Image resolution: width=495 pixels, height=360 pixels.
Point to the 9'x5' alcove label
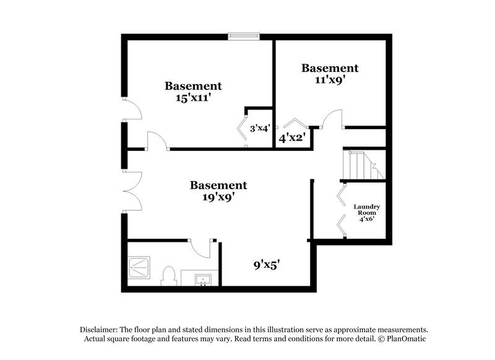266,265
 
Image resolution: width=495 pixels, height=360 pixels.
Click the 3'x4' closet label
259,129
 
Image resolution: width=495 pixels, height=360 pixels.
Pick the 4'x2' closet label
292,138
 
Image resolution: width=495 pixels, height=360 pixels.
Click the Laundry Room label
366,211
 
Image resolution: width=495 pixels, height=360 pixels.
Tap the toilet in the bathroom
168,276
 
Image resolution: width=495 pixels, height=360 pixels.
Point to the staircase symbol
359,165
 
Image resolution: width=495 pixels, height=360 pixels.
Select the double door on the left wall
132,191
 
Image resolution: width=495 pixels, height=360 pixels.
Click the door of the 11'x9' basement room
333,118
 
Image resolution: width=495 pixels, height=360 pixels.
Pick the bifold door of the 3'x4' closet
241,128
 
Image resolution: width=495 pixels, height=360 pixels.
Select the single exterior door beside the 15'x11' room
132,110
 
